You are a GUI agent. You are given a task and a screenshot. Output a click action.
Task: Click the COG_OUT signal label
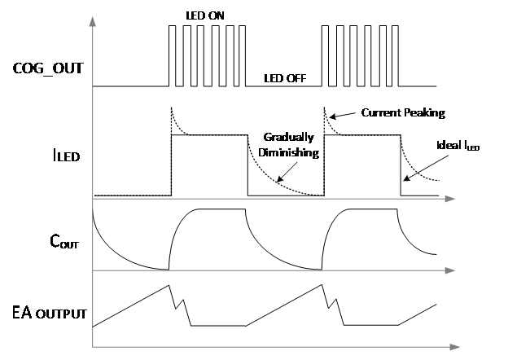click(48, 68)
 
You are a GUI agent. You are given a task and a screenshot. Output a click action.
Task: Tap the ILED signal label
click(67, 156)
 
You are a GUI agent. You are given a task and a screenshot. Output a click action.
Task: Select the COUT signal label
click(64, 241)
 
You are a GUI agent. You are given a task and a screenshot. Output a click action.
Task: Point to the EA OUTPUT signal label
click(49, 313)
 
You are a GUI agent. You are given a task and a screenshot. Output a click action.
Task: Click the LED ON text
click(205, 15)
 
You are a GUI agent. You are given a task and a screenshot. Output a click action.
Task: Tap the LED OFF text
click(285, 78)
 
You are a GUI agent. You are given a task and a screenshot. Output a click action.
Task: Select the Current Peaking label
click(403, 112)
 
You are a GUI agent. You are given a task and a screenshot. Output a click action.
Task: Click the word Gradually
click(289, 137)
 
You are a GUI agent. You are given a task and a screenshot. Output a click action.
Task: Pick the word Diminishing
click(289, 152)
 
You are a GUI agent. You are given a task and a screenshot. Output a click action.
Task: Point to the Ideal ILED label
click(458, 146)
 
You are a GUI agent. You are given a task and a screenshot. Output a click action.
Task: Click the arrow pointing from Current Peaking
click(342, 116)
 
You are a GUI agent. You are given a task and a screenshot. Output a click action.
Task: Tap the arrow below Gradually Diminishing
click(287, 172)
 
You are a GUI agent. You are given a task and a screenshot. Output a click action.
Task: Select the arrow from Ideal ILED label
click(426, 168)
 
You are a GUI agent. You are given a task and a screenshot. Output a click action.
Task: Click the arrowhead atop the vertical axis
click(93, 21)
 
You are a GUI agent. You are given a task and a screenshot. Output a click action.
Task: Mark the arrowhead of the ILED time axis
click(450, 199)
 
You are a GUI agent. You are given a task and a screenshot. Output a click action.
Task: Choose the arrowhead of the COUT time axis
click(450, 270)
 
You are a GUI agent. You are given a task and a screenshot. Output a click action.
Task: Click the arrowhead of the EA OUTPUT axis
click(454, 347)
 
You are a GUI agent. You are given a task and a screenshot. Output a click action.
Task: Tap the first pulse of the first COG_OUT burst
click(172, 55)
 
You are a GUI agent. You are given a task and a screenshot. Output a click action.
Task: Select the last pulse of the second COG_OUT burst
click(395, 55)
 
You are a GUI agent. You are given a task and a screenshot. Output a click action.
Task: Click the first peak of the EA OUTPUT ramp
click(169, 285)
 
